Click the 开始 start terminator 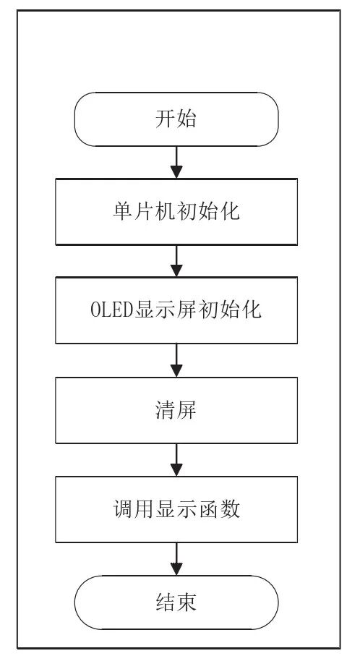[176, 119]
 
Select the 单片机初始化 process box [176, 213]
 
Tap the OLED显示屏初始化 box [176, 312]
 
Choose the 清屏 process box [176, 412]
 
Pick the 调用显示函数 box [176, 511]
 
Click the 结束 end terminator [176, 602]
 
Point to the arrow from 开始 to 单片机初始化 [176, 163]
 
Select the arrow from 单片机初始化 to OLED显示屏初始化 [176, 262]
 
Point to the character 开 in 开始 [166, 119]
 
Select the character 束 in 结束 [187, 602]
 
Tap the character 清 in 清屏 [166, 412]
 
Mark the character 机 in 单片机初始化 [166, 214]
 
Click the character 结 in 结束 [166, 602]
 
